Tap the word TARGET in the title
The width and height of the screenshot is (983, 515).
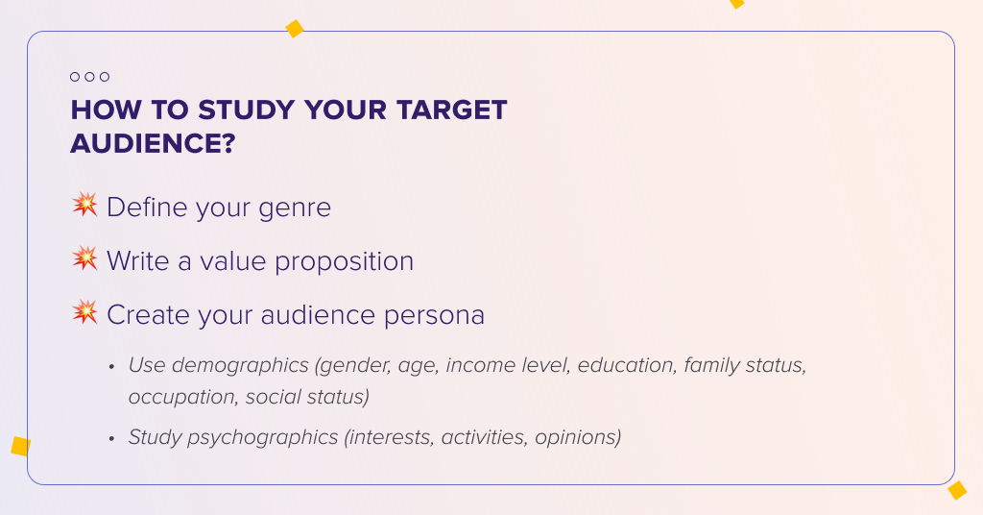[451, 110]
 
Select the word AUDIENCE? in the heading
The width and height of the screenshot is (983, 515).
[153, 143]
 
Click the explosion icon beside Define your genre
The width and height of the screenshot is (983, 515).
[84, 205]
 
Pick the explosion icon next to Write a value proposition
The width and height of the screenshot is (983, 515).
[84, 257]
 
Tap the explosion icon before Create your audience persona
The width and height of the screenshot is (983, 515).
[84, 311]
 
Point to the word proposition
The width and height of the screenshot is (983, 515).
[345, 262]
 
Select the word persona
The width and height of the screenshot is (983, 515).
[434, 315]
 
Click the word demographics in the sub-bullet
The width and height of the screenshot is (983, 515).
[240, 366]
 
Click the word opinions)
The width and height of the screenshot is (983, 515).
[578, 437]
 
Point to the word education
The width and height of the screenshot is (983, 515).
[627, 365]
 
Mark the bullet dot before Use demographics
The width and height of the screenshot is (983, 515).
[111, 367]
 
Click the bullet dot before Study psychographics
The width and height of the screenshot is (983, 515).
[111, 438]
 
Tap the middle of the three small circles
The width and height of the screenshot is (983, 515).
[89, 77]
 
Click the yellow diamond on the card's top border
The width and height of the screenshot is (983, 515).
[294, 29]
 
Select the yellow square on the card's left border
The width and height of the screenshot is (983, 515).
[21, 446]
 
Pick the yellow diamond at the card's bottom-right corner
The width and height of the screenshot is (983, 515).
[957, 490]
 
